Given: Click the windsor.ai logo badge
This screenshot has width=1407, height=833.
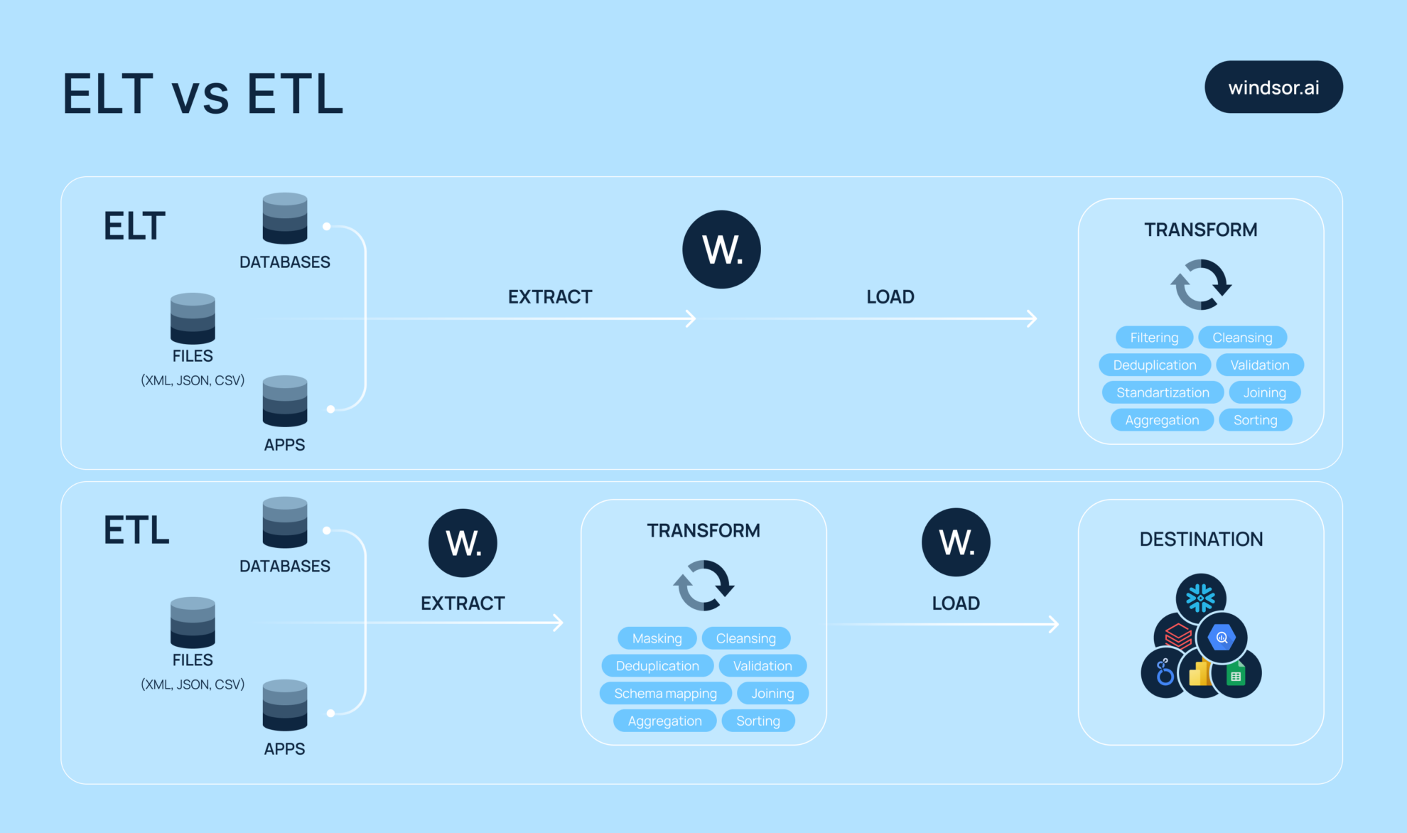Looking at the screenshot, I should click(x=1273, y=87).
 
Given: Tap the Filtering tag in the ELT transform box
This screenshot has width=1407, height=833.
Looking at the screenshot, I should click(x=1154, y=338).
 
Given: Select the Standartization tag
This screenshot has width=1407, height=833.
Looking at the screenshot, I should click(x=1163, y=392).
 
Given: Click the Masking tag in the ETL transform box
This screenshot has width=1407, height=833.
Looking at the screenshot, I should click(x=657, y=638).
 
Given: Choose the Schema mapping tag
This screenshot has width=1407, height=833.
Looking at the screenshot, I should click(x=665, y=693).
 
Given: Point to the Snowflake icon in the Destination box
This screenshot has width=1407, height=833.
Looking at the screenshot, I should click(x=1201, y=598).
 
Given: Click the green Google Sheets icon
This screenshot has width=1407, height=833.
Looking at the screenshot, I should click(x=1236, y=675).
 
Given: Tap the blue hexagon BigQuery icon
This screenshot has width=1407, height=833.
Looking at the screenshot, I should click(x=1222, y=638).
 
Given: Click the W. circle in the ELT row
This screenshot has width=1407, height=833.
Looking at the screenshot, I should click(x=721, y=249).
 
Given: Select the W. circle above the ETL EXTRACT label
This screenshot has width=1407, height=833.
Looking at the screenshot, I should click(x=463, y=543).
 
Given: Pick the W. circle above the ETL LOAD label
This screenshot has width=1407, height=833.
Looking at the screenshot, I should click(x=956, y=542).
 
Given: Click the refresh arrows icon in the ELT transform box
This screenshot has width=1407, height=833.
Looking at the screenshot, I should click(x=1201, y=284).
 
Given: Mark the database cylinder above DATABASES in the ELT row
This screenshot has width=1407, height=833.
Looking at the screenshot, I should click(x=285, y=218).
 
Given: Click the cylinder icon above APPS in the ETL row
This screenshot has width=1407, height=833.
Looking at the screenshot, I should click(x=285, y=705).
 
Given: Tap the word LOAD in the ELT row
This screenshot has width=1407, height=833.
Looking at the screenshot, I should click(x=890, y=297).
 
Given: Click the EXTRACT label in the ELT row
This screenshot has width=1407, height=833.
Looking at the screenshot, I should click(x=550, y=297).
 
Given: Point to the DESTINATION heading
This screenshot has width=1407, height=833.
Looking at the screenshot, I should click(x=1201, y=539).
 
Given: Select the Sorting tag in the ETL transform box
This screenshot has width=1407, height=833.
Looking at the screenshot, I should click(x=758, y=721).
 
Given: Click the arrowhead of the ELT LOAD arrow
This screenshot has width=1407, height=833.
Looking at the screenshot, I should click(x=1033, y=318).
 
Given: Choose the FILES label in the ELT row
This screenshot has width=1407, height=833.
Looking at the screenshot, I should click(x=193, y=356).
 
